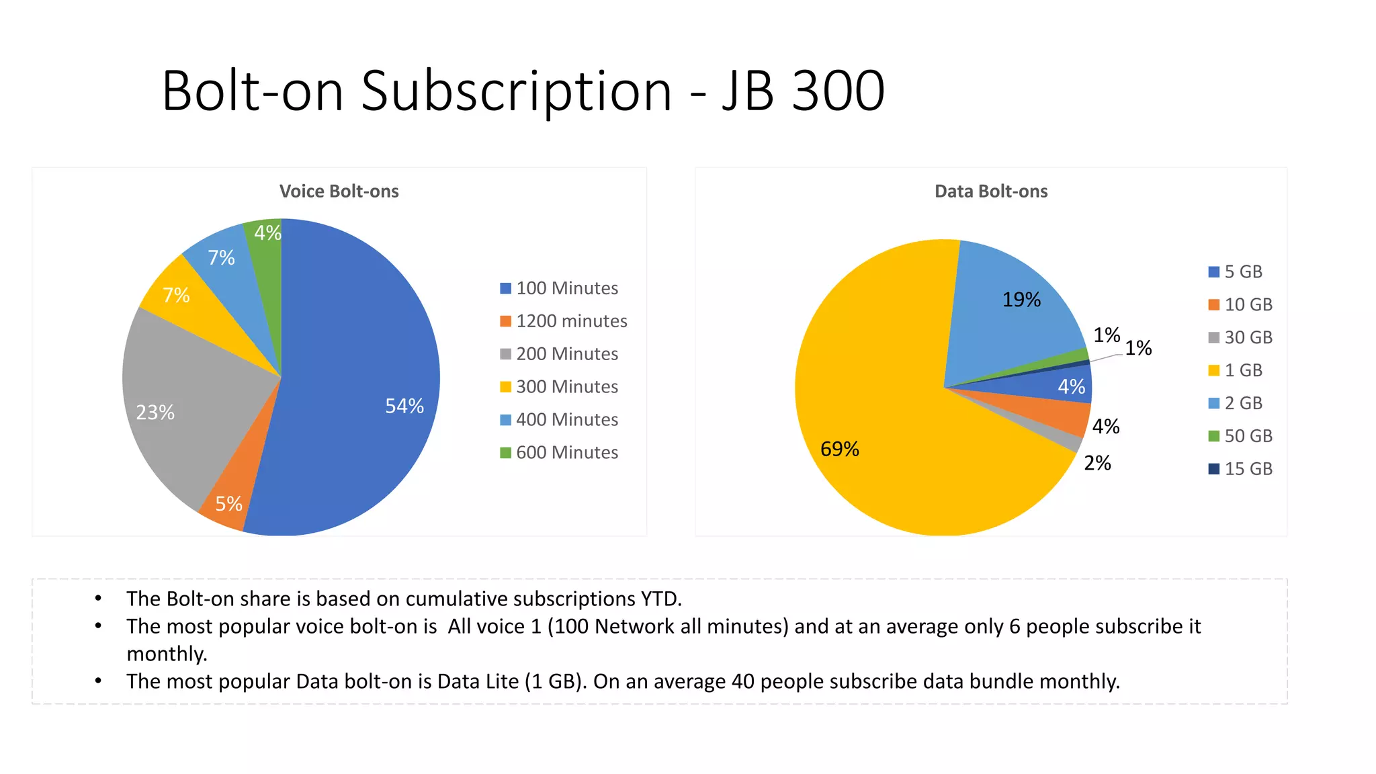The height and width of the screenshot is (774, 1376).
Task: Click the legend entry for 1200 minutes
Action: coord(571,321)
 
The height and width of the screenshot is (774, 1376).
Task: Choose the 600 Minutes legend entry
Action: coord(567,453)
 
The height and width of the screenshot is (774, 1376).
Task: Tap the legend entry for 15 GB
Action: coord(1248,469)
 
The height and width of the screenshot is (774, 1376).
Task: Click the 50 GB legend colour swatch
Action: coord(1213,436)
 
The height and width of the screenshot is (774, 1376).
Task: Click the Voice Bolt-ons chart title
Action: coord(339,191)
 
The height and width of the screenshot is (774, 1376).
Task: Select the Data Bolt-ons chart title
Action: coord(991,191)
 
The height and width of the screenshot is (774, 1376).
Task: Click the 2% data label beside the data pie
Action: coord(1097,463)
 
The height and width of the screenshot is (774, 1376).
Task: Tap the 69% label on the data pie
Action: coord(839,449)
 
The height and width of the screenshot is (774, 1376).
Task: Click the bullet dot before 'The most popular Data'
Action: coord(98,681)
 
